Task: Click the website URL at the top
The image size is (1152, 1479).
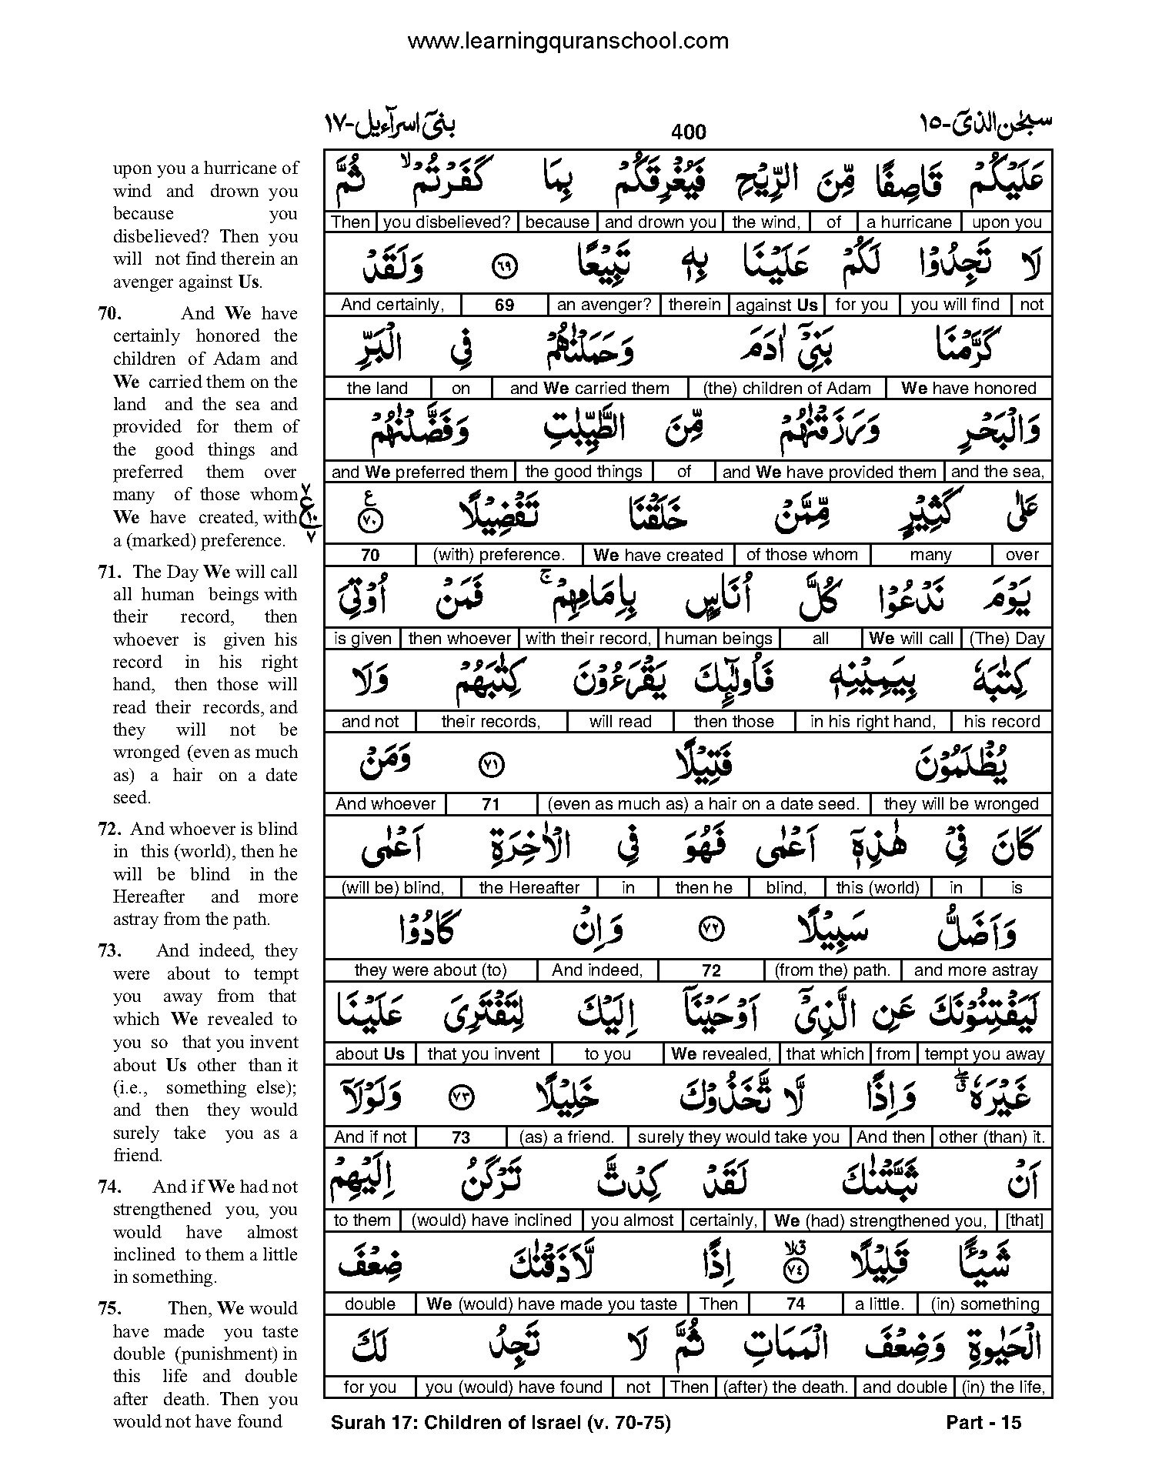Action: pos(567,41)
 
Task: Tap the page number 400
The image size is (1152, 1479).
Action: pos(688,132)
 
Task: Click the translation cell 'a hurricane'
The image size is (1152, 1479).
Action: pos(909,222)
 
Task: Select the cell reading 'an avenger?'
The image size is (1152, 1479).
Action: pos(603,305)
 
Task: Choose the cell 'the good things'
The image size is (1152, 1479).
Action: pos(583,472)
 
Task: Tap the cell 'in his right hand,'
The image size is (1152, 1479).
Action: pos(873,722)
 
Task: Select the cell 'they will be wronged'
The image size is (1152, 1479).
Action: pos(961,804)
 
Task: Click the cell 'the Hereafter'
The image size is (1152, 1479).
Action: pos(529,888)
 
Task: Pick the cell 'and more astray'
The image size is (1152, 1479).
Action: pos(976,970)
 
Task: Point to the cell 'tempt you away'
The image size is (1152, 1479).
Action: pos(984,1054)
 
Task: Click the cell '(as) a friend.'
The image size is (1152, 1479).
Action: pos(566,1137)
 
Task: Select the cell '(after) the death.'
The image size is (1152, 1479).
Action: pos(785,1387)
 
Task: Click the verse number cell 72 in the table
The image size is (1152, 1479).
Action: pos(711,971)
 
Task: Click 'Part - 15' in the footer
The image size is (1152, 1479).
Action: pos(983,1423)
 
